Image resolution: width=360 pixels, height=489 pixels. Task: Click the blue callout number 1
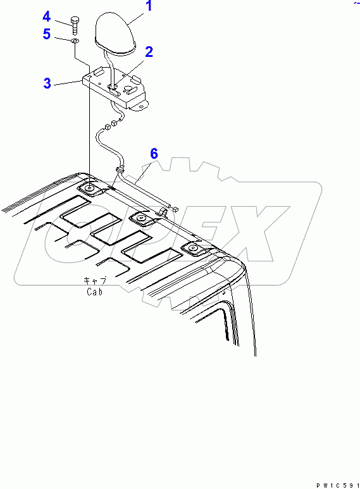pyautogui.click(x=149, y=6)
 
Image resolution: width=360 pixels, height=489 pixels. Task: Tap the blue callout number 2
pyautogui.click(x=149, y=52)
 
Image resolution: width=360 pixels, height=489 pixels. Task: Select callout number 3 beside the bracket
pyautogui.click(x=47, y=84)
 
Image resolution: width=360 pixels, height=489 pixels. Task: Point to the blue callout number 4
pyautogui.click(x=46, y=16)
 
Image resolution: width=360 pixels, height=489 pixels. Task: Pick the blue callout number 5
pyautogui.click(x=46, y=34)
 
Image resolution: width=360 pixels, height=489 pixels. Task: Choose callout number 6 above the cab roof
pyautogui.click(x=154, y=154)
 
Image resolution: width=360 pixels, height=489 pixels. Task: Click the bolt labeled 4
pyautogui.click(x=74, y=26)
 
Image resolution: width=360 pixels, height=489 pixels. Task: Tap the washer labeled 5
pyautogui.click(x=75, y=41)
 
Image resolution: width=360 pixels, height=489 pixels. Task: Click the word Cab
pyautogui.click(x=94, y=292)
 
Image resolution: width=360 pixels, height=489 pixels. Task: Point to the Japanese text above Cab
pyautogui.click(x=95, y=280)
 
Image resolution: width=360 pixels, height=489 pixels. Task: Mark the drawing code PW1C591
pyautogui.click(x=338, y=486)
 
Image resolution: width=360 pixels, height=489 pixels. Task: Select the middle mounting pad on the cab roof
pyautogui.click(x=141, y=218)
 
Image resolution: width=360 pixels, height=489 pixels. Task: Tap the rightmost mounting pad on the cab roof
pyautogui.click(x=192, y=248)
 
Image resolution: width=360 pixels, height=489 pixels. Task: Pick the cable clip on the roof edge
pyautogui.click(x=163, y=212)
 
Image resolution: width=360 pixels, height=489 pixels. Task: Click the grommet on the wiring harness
pyautogui.click(x=120, y=170)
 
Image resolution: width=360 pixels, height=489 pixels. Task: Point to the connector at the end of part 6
pyautogui.click(x=176, y=209)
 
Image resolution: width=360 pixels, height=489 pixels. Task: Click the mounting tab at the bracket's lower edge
pyautogui.click(x=140, y=106)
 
